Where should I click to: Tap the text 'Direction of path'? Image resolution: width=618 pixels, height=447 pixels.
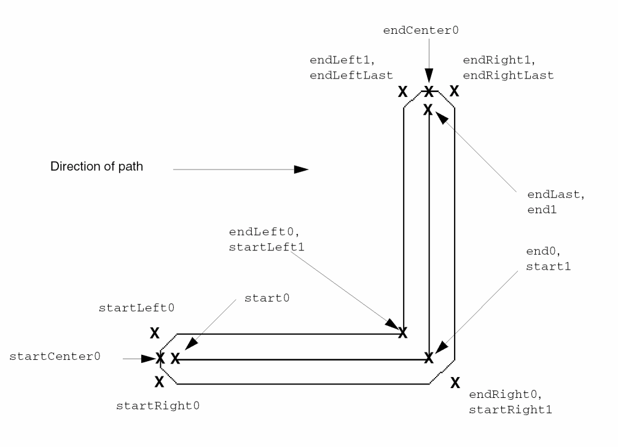click(x=96, y=167)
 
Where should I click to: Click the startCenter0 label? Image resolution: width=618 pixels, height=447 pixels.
click(x=55, y=356)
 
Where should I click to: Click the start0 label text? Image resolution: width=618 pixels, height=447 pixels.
click(x=266, y=298)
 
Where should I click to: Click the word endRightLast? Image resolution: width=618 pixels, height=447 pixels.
click(x=508, y=75)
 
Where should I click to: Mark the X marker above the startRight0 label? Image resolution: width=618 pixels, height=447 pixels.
click(x=158, y=381)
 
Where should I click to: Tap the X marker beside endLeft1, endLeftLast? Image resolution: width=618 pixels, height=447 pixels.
click(x=402, y=92)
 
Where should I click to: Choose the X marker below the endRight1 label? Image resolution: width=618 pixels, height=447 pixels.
click(x=454, y=91)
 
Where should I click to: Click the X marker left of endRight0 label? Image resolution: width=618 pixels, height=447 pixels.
click(x=455, y=383)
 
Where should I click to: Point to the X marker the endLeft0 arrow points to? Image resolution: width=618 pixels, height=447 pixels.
click(x=402, y=332)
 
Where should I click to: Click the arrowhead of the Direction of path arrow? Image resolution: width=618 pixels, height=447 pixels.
click(x=300, y=169)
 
